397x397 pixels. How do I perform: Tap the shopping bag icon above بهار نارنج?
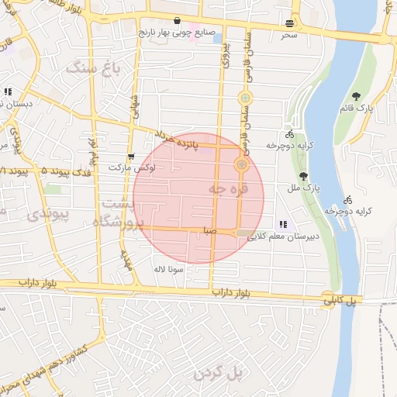click(178, 21)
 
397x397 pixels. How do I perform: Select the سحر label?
click(289, 35)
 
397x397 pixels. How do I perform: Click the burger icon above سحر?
click(290, 23)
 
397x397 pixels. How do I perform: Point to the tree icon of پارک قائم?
click(357, 96)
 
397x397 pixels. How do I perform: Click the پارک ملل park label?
click(309, 188)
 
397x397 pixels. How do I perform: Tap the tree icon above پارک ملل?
click(303, 176)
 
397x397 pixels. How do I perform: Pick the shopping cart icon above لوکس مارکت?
click(130, 156)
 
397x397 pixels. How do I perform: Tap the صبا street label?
click(209, 230)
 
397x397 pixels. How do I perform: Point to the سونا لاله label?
click(168, 269)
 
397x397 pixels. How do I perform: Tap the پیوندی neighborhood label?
click(44, 213)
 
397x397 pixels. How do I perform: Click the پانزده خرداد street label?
click(195, 144)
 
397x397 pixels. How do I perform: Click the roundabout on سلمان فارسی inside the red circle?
click(241, 164)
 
